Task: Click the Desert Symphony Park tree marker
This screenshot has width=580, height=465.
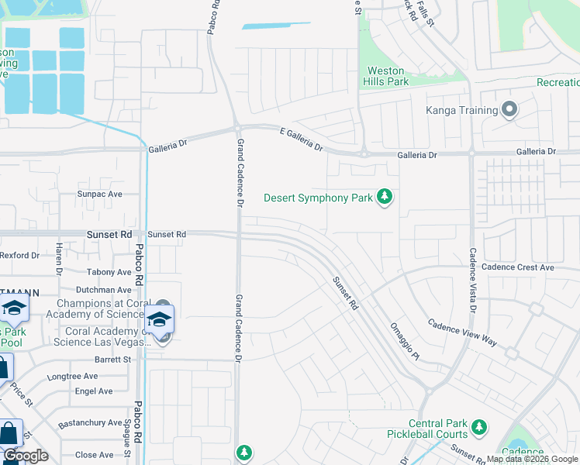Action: click(384, 198)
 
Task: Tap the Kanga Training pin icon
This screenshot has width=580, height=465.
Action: click(509, 110)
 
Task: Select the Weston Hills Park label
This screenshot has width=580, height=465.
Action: click(387, 75)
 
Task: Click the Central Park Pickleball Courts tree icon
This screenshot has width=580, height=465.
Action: click(479, 426)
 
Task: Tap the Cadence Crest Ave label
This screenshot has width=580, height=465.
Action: click(517, 267)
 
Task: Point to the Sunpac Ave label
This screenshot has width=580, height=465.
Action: click(99, 194)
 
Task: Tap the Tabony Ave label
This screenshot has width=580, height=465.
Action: click(109, 272)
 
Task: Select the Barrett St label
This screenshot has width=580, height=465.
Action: click(112, 360)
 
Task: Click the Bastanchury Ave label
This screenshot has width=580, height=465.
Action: click(89, 425)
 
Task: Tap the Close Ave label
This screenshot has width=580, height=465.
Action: click(94, 455)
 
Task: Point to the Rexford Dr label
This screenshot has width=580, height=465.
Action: click(19, 255)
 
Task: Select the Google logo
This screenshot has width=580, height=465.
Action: click(25, 456)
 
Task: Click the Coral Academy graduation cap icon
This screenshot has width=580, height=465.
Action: click(159, 319)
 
